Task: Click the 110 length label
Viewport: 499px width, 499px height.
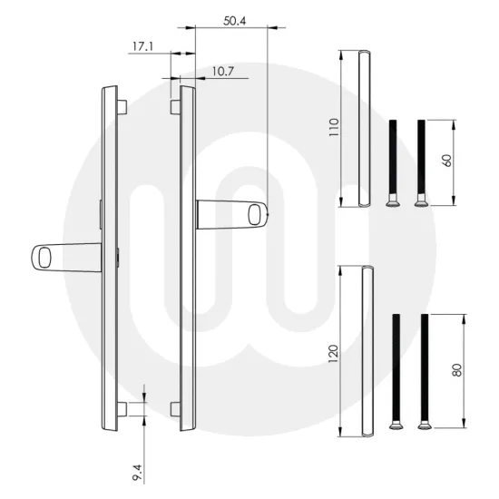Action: coord(334,127)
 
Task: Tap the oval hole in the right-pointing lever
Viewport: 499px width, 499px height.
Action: coord(262,214)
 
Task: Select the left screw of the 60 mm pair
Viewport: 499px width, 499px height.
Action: coord(393,162)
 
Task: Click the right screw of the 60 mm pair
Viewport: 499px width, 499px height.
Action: coord(420,162)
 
